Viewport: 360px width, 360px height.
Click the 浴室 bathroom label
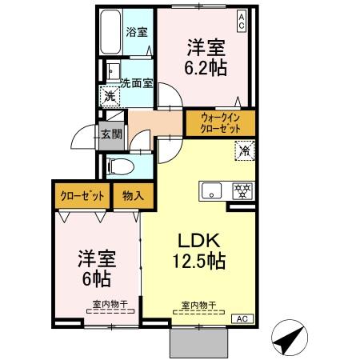(x=137, y=33)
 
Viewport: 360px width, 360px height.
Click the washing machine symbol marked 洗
(x=110, y=95)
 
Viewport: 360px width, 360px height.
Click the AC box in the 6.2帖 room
(x=242, y=17)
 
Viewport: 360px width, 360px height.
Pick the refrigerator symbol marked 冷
(x=242, y=150)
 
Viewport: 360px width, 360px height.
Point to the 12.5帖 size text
(x=197, y=262)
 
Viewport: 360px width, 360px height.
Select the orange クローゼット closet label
(x=80, y=194)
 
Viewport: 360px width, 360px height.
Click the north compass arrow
(x=290, y=337)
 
